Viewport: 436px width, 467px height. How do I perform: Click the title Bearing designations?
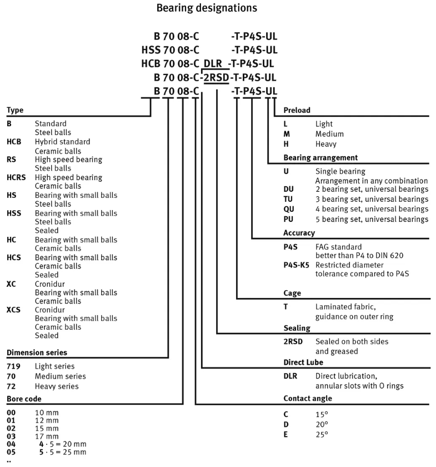[x=207, y=8]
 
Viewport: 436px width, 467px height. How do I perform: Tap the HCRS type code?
[x=16, y=177]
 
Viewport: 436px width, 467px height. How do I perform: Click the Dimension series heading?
[x=36, y=352]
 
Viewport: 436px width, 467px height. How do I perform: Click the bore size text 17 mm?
[x=46, y=436]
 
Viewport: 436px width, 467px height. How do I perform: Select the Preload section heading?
[x=297, y=110]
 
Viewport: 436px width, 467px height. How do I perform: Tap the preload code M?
[x=287, y=134]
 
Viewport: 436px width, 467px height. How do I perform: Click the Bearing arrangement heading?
[x=320, y=157]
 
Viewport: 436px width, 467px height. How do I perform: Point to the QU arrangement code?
[x=289, y=209]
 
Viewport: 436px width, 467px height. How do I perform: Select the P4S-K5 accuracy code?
[x=296, y=265]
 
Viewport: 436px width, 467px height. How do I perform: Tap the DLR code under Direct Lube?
[x=290, y=376]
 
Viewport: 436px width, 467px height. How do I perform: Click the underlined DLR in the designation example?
[x=212, y=63]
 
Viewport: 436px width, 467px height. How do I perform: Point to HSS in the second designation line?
[x=151, y=50]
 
